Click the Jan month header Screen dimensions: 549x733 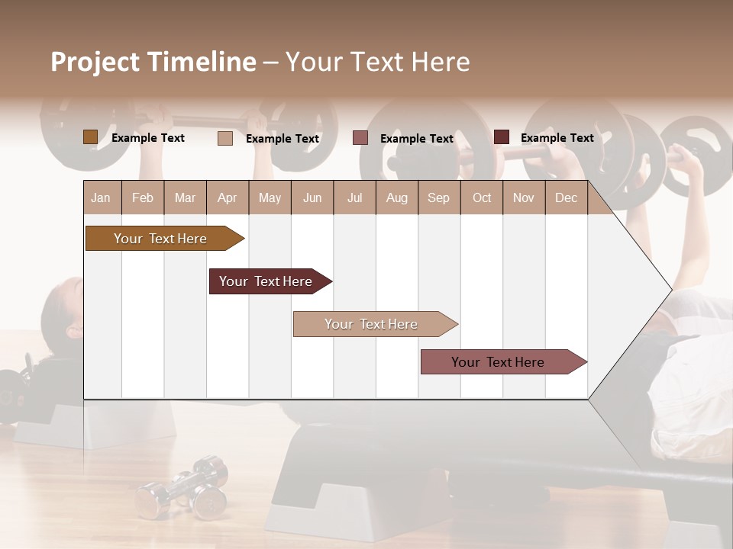[x=101, y=198]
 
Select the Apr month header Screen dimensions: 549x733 [x=227, y=198]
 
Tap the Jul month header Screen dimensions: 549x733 [x=354, y=198]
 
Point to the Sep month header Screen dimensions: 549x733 [x=438, y=198]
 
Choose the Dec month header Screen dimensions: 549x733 [x=566, y=198]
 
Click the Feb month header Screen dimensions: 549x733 [x=143, y=198]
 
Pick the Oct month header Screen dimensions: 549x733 [x=482, y=198]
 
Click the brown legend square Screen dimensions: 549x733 [x=90, y=137]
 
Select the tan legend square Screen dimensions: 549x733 [x=224, y=138]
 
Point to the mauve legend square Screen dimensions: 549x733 [x=360, y=138]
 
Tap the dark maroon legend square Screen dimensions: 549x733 [x=501, y=137]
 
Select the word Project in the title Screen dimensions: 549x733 [x=95, y=62]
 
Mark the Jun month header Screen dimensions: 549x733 [x=312, y=198]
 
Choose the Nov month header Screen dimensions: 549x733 [x=524, y=198]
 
